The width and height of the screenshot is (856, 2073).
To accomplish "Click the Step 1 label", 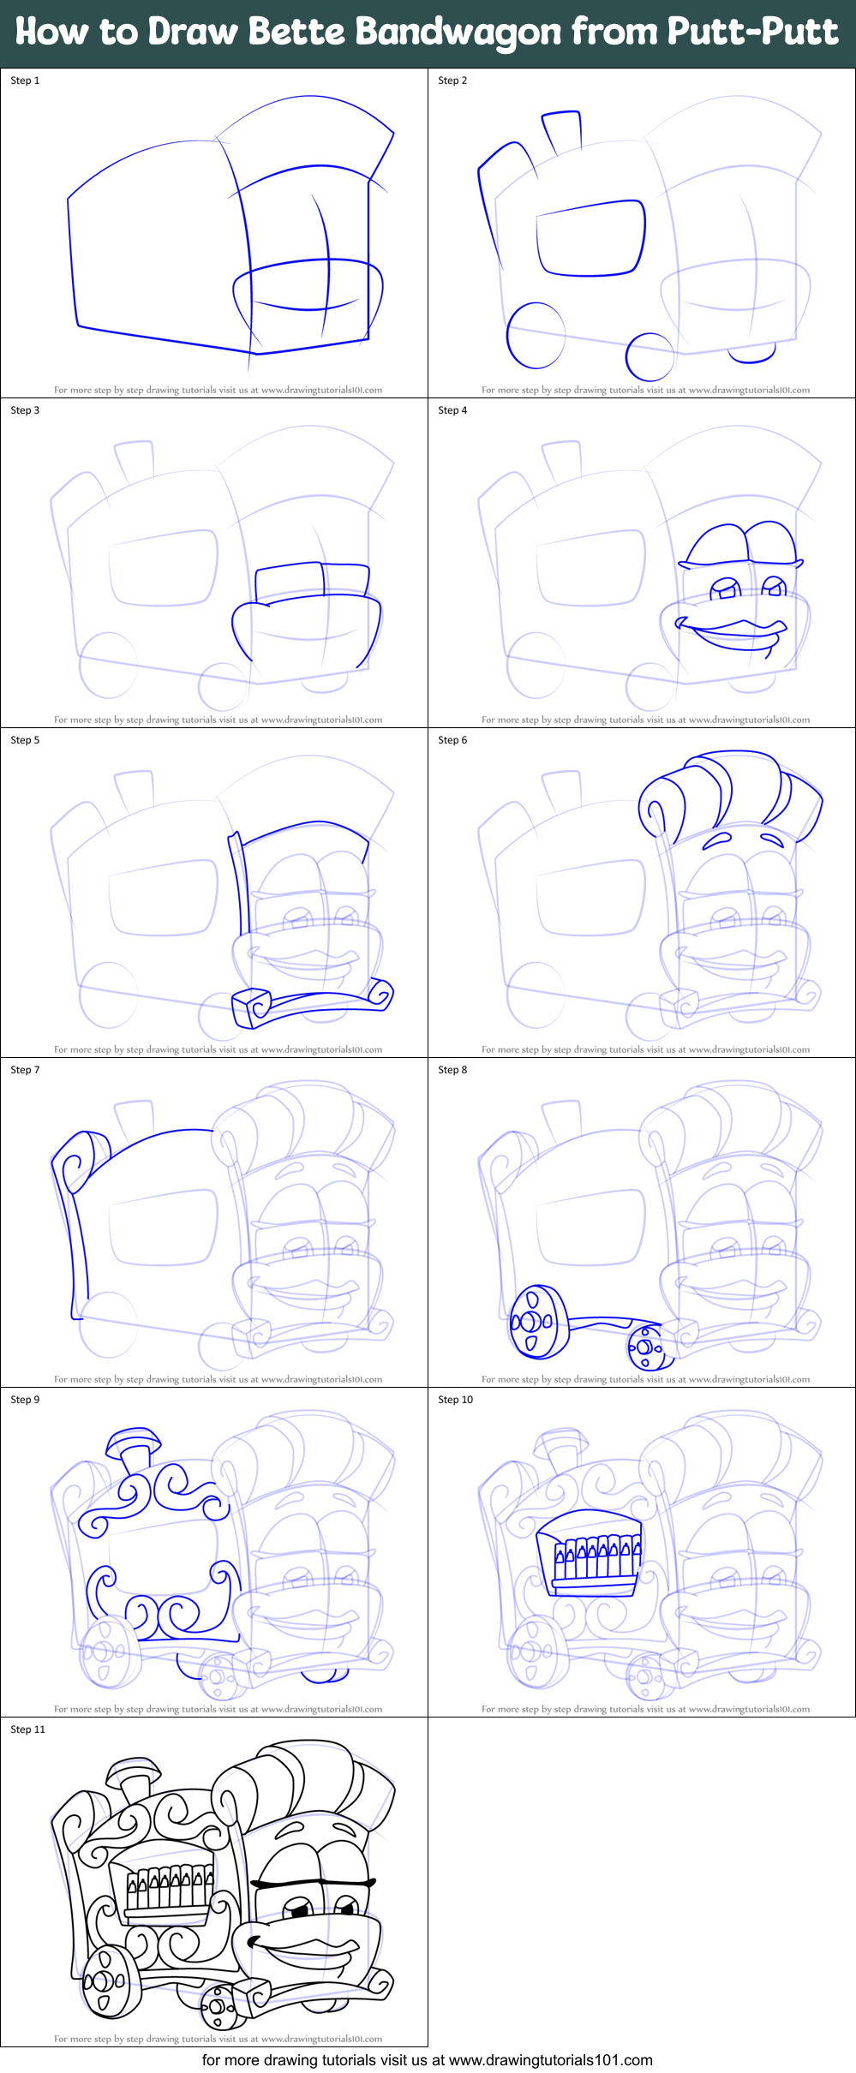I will (x=25, y=81).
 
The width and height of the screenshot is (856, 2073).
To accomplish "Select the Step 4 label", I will (x=452, y=410).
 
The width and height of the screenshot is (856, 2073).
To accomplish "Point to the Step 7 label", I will (x=25, y=1070).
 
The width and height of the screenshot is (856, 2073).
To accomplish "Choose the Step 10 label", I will (x=455, y=1400).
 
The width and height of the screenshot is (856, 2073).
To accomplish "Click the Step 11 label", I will (x=27, y=1729).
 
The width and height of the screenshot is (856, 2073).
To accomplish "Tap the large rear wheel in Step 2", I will (x=536, y=335).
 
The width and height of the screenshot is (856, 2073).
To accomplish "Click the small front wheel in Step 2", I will (x=649, y=355).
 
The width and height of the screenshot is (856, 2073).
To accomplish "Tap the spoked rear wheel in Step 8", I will (x=538, y=1322).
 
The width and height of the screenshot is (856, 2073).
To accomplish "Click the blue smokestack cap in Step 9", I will (x=133, y=1441).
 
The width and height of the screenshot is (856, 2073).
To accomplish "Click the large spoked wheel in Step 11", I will (x=108, y=1980).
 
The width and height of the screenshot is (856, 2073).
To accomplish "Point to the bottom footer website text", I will (x=427, y=2060).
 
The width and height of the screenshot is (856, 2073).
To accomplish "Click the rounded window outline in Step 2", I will (x=590, y=238).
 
